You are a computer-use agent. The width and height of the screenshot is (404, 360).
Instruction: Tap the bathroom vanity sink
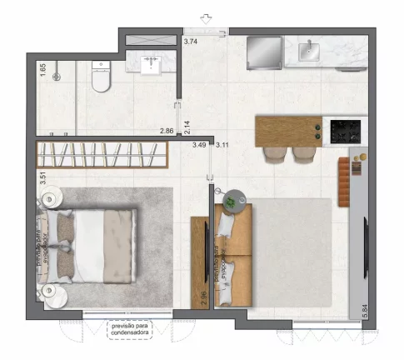[x=152, y=64]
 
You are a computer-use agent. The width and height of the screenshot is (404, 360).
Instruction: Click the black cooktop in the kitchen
[x=346, y=131]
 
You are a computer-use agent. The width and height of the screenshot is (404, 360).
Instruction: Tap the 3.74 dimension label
[x=190, y=41]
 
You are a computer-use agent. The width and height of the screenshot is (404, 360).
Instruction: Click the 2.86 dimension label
[x=167, y=132]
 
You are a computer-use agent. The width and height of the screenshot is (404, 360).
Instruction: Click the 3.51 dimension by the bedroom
[x=42, y=177]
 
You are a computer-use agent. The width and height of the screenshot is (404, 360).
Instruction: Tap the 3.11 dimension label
[x=222, y=145]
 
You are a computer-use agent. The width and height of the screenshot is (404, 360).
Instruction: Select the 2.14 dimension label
[x=188, y=127]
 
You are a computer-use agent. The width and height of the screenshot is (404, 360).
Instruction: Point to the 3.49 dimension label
[x=199, y=145]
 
